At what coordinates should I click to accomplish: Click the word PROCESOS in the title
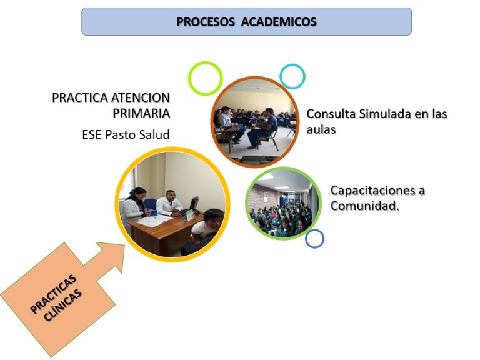pos(206,22)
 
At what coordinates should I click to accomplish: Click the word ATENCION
pos(140,98)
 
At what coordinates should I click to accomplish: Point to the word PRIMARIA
pos(141,113)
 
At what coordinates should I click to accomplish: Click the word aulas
pos(321,129)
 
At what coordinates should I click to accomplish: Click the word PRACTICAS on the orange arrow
pos(54,294)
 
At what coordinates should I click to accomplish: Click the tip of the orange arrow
pos(124,245)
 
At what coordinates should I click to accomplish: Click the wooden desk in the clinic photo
pos(165,232)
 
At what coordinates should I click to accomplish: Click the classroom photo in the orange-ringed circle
pos(255,121)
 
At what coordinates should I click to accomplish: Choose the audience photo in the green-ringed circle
pos(283,203)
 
